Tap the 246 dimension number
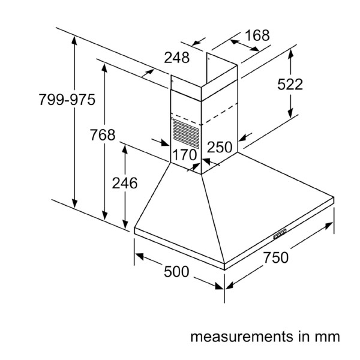click(x=125, y=183)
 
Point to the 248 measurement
click(x=177, y=58)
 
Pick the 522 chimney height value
click(x=290, y=85)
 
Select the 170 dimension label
click(x=185, y=155)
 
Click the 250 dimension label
click(x=220, y=147)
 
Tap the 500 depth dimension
click(x=176, y=272)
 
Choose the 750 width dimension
click(x=275, y=258)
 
